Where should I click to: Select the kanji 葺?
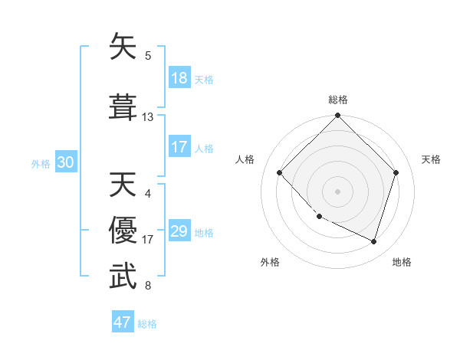tap(123, 106)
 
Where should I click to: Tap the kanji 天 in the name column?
tap(123, 185)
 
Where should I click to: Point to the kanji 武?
tap(123, 277)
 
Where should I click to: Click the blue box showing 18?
tap(179, 79)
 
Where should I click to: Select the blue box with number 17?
tap(179, 148)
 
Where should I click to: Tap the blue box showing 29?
tap(179, 232)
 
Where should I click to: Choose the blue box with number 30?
tap(66, 163)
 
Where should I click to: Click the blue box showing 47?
tap(123, 322)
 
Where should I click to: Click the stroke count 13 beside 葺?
tap(148, 117)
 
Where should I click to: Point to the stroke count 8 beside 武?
tap(148, 286)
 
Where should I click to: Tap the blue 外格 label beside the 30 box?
tap(41, 164)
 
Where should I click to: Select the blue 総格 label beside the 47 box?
tap(147, 324)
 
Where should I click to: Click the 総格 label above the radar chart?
tap(337, 100)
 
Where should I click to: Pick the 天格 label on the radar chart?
tap(431, 159)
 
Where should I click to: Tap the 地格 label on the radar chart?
tap(402, 262)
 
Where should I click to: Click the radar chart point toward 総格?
tap(337, 116)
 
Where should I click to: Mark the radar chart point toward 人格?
tap(280, 173)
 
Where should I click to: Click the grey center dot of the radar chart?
tap(337, 191)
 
